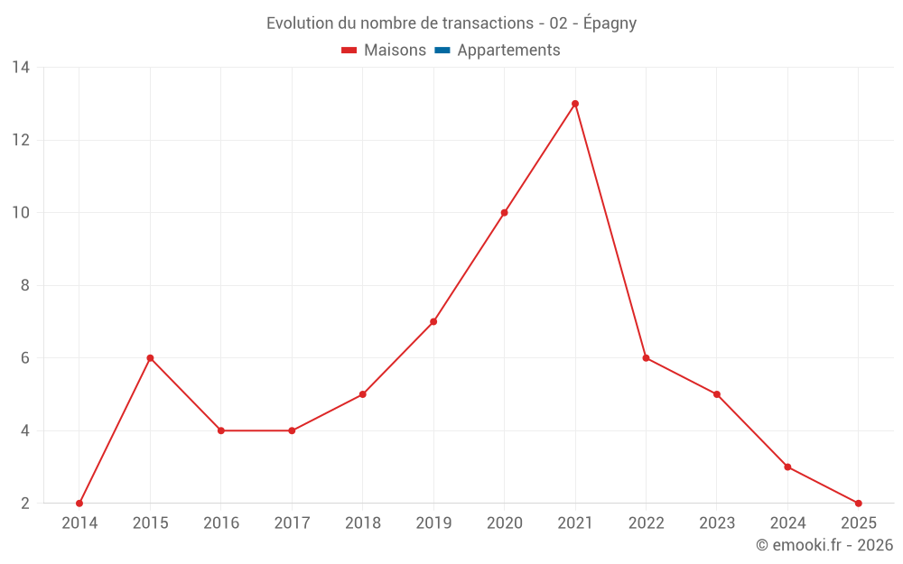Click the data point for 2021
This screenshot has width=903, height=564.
click(575, 104)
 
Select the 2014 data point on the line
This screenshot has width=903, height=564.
click(79, 503)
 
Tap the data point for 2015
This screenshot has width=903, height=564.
click(150, 358)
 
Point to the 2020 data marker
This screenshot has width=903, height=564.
click(504, 213)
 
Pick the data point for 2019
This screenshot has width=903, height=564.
click(433, 321)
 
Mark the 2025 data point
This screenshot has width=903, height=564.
click(858, 503)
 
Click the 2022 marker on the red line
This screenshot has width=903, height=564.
click(646, 358)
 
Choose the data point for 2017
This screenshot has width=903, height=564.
click(292, 430)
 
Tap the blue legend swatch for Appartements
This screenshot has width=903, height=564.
click(442, 51)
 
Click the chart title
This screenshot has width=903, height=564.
click(451, 23)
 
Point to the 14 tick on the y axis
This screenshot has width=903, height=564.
click(21, 68)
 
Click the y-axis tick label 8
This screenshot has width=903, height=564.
click(25, 285)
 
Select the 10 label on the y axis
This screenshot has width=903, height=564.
click(21, 213)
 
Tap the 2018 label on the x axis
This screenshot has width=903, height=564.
click(362, 523)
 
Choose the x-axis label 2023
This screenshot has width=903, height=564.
click(716, 523)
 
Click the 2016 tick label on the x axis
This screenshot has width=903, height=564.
click(221, 523)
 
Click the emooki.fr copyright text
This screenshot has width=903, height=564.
click(824, 545)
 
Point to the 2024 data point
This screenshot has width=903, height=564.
click(787, 467)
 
